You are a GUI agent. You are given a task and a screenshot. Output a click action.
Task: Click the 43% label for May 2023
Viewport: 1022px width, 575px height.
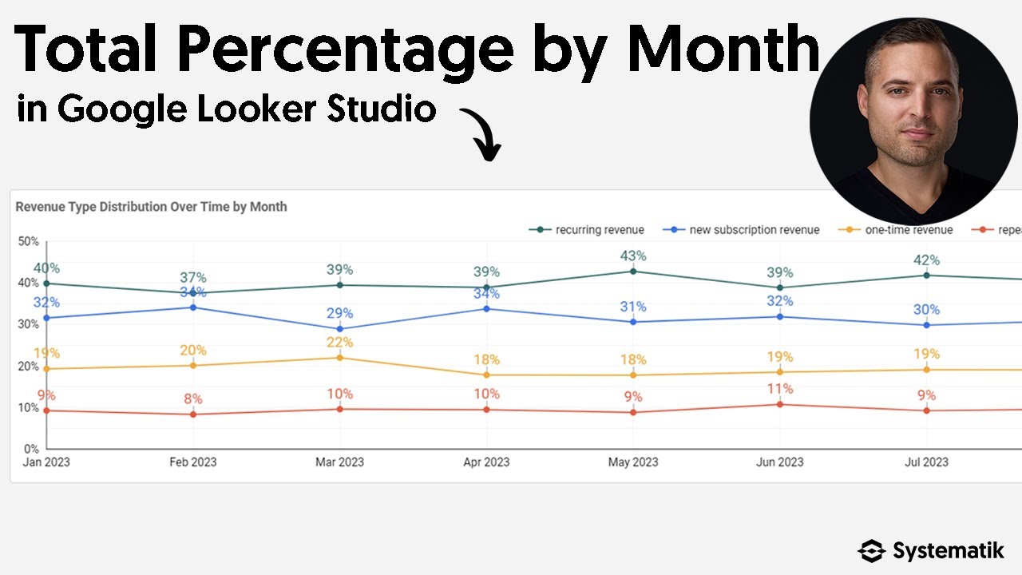[x=633, y=256]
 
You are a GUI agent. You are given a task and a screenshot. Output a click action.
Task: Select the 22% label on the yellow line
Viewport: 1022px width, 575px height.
[x=339, y=343]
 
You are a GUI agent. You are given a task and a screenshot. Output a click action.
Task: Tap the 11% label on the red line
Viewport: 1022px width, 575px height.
[x=779, y=389]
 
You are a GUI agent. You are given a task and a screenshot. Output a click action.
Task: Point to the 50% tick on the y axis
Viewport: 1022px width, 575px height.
[x=29, y=241]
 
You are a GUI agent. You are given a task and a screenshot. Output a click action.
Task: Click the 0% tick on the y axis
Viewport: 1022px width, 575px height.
[x=31, y=449]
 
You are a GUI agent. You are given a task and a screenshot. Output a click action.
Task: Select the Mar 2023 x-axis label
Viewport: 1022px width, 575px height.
[x=339, y=462]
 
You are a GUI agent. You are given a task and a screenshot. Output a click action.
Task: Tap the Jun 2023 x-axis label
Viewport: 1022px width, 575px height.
[x=779, y=462]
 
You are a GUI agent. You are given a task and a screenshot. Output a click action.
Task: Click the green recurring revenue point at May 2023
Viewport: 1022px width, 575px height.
[x=633, y=272]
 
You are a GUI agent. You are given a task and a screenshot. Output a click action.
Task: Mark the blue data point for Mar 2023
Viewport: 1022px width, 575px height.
[x=339, y=329]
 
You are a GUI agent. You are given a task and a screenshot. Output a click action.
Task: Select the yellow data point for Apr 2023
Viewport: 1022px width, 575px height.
[x=486, y=375]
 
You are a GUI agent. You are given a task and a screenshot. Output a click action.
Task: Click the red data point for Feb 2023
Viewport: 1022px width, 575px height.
[x=193, y=414]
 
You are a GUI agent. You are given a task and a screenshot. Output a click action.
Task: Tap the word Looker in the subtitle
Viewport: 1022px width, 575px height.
[x=256, y=108]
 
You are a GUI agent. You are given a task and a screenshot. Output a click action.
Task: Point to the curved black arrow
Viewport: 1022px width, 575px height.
[x=481, y=133]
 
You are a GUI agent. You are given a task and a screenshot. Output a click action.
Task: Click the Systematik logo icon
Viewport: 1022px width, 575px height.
[x=872, y=551]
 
